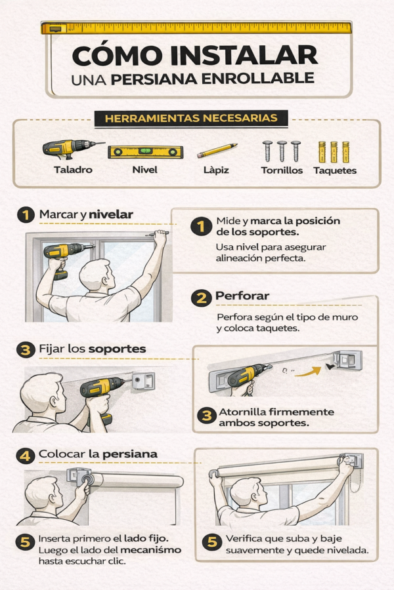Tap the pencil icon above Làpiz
(x=217, y=151)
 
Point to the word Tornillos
(x=282, y=170)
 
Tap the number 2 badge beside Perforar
(x=201, y=298)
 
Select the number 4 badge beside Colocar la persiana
(x=25, y=454)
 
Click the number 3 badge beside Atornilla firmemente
(x=207, y=416)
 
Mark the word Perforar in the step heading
(x=242, y=296)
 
